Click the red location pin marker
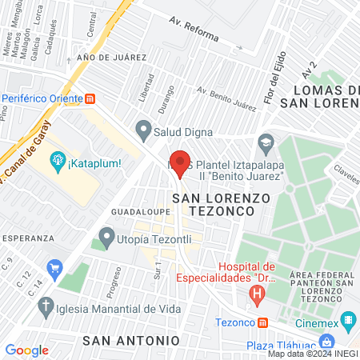click(180, 163)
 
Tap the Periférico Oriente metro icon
click(90, 99)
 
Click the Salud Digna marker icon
click(144, 127)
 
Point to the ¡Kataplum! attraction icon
click(58, 163)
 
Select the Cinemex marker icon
click(348, 322)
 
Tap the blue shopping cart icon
click(54, 267)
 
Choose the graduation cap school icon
click(264, 144)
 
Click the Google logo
click(26, 350)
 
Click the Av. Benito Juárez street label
click(226, 99)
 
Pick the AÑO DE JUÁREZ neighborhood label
click(111, 58)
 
